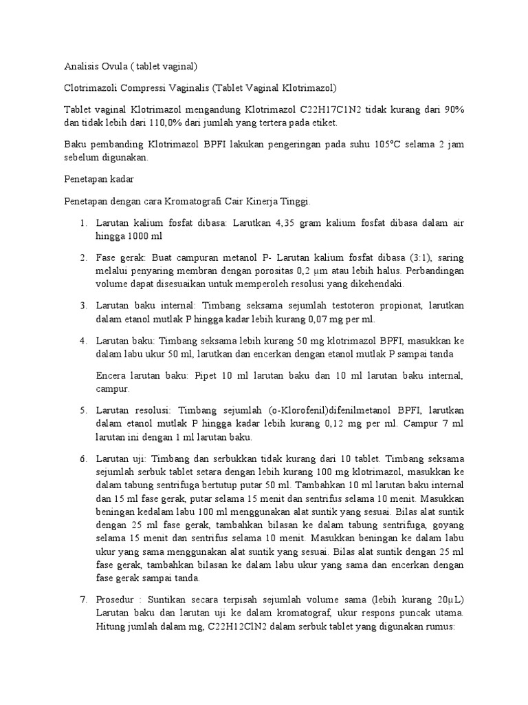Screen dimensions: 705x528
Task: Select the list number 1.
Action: point(82,223)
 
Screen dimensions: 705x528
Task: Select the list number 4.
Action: point(82,340)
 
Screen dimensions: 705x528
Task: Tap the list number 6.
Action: point(82,458)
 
